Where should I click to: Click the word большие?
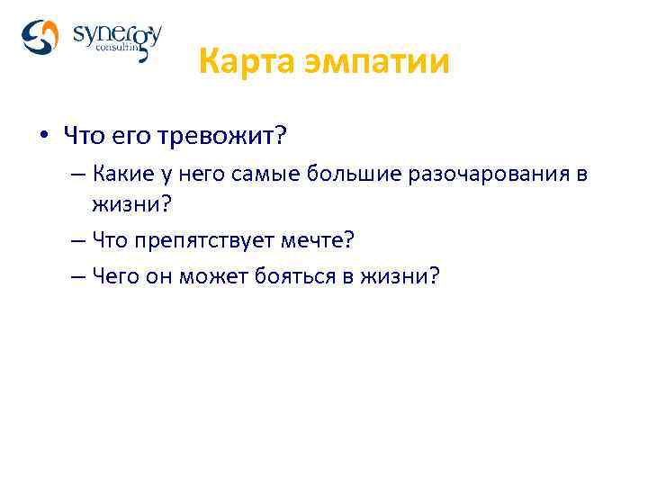[x=337, y=175]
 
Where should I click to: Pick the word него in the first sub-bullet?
[x=192, y=175]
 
